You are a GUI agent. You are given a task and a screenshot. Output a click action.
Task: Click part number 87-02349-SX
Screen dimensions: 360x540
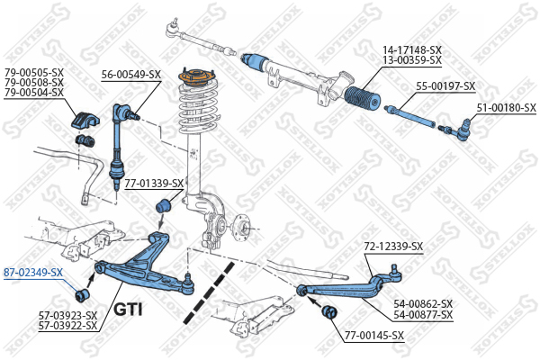pyautogui.click(x=33, y=272)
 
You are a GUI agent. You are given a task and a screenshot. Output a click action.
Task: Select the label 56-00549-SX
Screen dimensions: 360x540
pyautogui.click(x=130, y=74)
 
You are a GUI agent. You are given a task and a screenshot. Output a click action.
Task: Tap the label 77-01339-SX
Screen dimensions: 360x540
pyautogui.click(x=153, y=183)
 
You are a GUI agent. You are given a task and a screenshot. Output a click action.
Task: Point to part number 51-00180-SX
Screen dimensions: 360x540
pyautogui.click(x=505, y=107)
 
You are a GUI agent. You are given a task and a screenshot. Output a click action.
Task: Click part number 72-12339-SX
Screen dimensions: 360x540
pyautogui.click(x=392, y=246)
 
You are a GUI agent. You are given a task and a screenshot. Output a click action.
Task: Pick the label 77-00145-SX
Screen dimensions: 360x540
pyautogui.click(x=373, y=336)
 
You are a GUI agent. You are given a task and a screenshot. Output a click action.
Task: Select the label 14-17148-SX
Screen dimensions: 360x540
pyautogui.click(x=412, y=49)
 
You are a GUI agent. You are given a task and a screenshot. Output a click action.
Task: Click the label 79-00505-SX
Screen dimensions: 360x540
pyautogui.click(x=33, y=72)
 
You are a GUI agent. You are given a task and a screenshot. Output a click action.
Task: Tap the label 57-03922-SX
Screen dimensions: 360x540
pyautogui.click(x=67, y=324)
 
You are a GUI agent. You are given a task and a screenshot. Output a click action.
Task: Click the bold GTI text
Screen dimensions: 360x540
pyautogui.click(x=130, y=310)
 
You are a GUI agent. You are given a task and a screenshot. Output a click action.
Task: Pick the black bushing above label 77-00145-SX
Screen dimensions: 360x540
pyautogui.click(x=328, y=311)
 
